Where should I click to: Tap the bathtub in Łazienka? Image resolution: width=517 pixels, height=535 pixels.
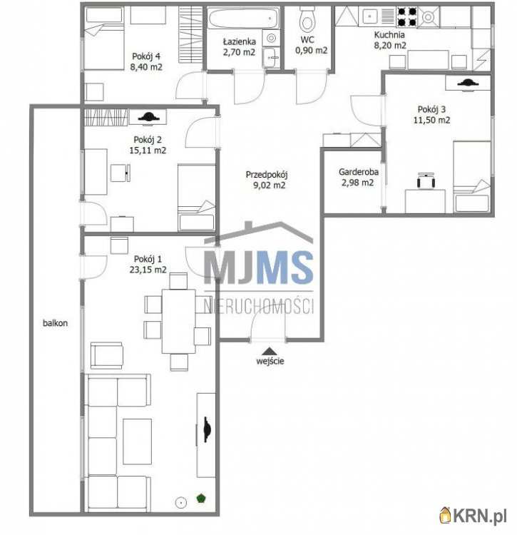pos(243,18)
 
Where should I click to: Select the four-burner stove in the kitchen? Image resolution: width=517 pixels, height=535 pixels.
pos(407,17)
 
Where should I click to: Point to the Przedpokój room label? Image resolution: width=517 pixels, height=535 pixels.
pos(267,175)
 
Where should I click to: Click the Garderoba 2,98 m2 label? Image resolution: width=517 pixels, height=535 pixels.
pos(358,178)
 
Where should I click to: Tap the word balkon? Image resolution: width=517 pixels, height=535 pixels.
pos(55,322)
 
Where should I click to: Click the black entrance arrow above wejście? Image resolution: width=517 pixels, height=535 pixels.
pos(270,351)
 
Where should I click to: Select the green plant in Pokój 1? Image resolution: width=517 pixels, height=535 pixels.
pos(201,498)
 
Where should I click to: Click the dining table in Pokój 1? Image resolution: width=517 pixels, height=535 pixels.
pos(179,322)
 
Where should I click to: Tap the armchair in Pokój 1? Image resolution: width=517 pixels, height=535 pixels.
pos(106,355)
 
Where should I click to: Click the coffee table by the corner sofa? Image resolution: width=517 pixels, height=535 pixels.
pos(137,442)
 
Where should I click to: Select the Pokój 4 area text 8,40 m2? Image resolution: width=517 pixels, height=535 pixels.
pos(146,67)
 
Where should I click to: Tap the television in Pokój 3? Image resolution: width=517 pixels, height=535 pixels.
pos(468,83)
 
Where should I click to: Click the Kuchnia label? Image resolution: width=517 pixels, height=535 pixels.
pos(389,35)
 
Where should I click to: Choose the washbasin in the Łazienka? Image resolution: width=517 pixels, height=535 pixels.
pos(272,57)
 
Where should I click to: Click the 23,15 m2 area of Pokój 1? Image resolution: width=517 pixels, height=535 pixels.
pos(148,270)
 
